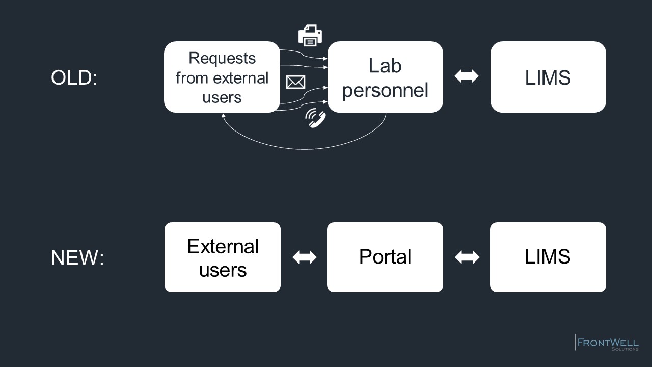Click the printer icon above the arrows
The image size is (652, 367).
coord(310,36)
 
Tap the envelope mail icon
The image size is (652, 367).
coord(296,82)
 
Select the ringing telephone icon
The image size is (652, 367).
coord(315,118)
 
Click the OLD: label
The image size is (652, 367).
coord(74,77)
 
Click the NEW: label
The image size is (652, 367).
coord(77,257)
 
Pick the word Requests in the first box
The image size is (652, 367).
coord(222,58)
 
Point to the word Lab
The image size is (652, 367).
coord(385,66)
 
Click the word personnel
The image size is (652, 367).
coord(385,91)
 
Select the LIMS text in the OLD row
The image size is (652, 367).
coord(548,77)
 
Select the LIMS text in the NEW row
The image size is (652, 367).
coord(548,256)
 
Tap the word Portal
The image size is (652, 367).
coord(385,256)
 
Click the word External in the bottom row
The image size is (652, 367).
coord(223,246)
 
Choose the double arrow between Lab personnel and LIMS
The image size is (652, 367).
coord(466,76)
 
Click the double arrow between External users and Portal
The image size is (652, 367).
coord(305,257)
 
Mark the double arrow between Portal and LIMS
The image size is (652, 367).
coord(467,257)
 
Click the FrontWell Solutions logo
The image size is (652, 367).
coord(607,343)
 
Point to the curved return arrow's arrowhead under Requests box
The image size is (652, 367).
coord(223,115)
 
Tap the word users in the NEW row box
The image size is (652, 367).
coord(223,270)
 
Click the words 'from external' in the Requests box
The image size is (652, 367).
coord(222,78)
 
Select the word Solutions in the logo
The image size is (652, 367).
coord(625,349)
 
